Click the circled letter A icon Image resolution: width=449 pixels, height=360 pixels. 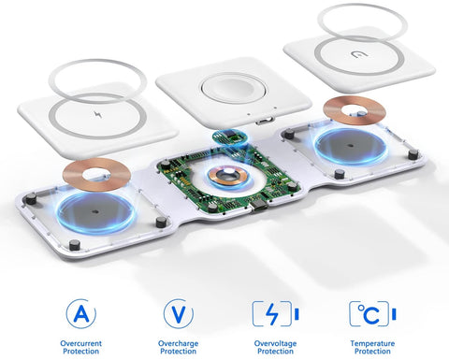pos(80,314)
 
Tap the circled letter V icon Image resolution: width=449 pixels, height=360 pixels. pos(179,314)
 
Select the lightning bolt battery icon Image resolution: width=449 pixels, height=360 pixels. pos(276,314)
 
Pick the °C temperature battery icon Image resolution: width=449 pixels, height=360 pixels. pos(372,314)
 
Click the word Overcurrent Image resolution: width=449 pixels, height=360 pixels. pos(80,343)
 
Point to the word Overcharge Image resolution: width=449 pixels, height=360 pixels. pos(179,344)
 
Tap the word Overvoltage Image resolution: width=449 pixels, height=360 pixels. pos(275,344)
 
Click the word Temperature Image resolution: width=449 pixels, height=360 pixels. pos(372,344)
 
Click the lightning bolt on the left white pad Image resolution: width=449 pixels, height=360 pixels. pos(98,115)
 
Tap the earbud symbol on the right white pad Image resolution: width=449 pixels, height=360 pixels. pos(359,54)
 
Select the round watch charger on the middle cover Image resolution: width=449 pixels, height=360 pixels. pos(234,88)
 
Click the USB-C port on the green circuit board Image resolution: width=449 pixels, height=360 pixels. pos(260,206)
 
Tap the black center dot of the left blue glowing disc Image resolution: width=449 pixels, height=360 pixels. pos(95,212)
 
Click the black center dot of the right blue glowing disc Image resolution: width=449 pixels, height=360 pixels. pos(350,145)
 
